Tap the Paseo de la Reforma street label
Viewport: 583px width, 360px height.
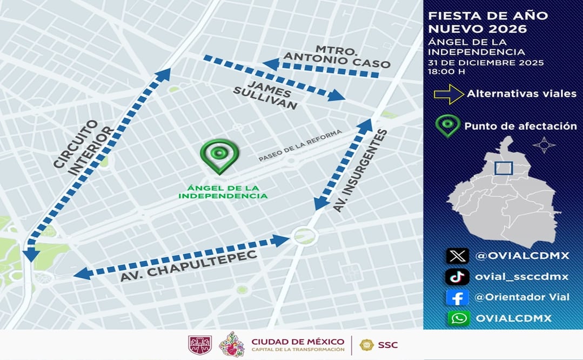pyautogui.click(x=300, y=146)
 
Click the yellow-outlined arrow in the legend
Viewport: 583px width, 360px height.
pyautogui.click(x=448, y=94)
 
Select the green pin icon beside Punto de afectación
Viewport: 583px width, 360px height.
pyautogui.click(x=448, y=125)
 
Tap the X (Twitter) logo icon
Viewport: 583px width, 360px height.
pyautogui.click(x=457, y=256)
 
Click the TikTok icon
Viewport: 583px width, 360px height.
pyautogui.click(x=457, y=277)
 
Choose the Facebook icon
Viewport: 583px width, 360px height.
pyautogui.click(x=457, y=297)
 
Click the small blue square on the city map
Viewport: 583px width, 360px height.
pyautogui.click(x=503, y=168)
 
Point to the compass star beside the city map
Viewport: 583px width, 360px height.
pyautogui.click(x=544, y=145)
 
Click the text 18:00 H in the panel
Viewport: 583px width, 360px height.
pyautogui.click(x=446, y=71)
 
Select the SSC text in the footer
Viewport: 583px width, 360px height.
pyautogui.click(x=387, y=345)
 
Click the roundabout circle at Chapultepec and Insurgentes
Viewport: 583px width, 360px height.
pyautogui.click(x=303, y=235)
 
